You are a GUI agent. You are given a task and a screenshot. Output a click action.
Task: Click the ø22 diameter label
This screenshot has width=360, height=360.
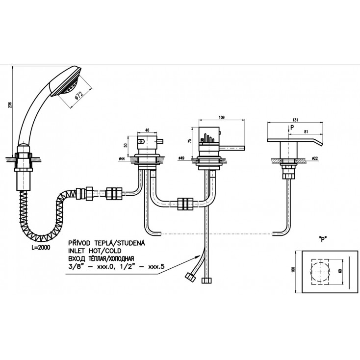(314, 158)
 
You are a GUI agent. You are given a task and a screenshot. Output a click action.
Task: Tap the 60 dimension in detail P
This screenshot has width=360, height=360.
(340, 271)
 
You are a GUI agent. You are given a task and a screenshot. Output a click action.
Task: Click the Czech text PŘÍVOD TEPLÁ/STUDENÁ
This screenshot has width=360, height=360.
(105, 242)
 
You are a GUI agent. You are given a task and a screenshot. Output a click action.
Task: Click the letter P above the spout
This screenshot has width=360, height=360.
(292, 126)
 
